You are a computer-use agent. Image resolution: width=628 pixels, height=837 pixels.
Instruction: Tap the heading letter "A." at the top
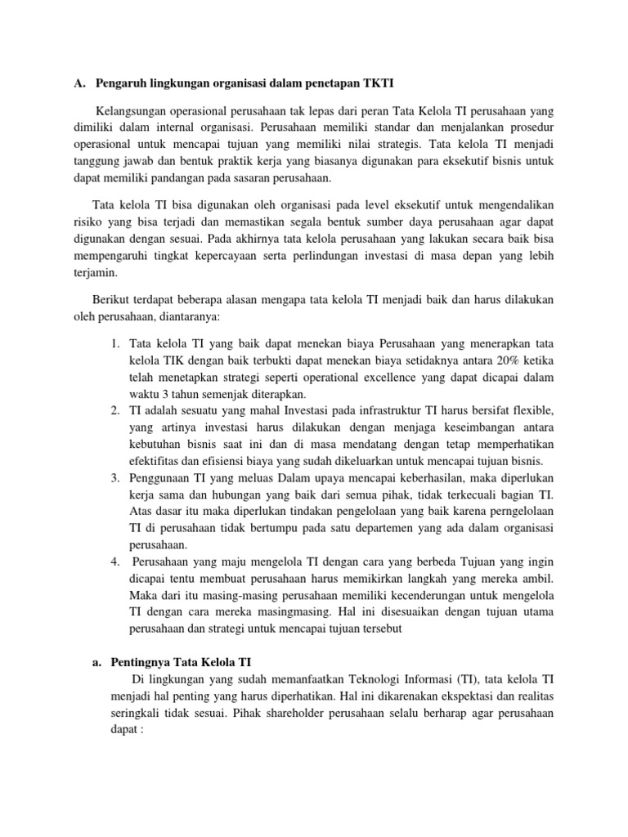point(79,83)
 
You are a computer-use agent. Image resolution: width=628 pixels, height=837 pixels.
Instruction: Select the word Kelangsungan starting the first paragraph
point(129,110)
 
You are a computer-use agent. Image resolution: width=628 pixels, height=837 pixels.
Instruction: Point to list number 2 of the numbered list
point(115,410)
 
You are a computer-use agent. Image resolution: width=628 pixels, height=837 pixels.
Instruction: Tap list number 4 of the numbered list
point(115,561)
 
